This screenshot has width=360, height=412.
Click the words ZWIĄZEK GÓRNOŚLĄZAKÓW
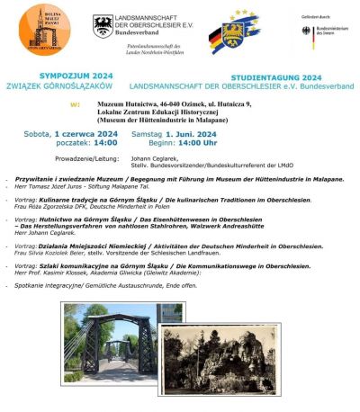pos(73,88)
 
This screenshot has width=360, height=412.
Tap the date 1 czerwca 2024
pos(86,132)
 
